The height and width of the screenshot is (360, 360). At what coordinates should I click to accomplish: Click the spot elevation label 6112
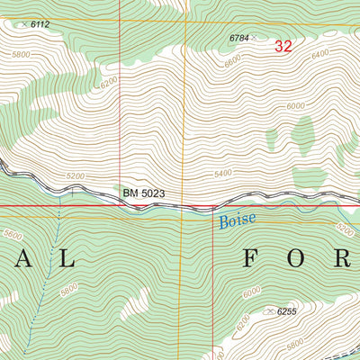(40, 25)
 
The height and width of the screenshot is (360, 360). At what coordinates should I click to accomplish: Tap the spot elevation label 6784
(238, 38)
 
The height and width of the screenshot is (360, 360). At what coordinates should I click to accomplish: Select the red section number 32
(283, 47)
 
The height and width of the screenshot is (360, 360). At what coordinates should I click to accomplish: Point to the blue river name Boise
(236, 219)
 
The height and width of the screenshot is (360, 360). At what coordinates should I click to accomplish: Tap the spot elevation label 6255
(286, 311)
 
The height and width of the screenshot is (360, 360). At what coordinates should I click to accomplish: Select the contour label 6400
(319, 55)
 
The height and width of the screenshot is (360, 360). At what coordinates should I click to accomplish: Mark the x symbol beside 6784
(254, 38)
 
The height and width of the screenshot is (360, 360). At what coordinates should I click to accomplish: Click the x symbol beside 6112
(24, 24)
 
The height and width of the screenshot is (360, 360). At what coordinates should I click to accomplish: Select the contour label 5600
(13, 234)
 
